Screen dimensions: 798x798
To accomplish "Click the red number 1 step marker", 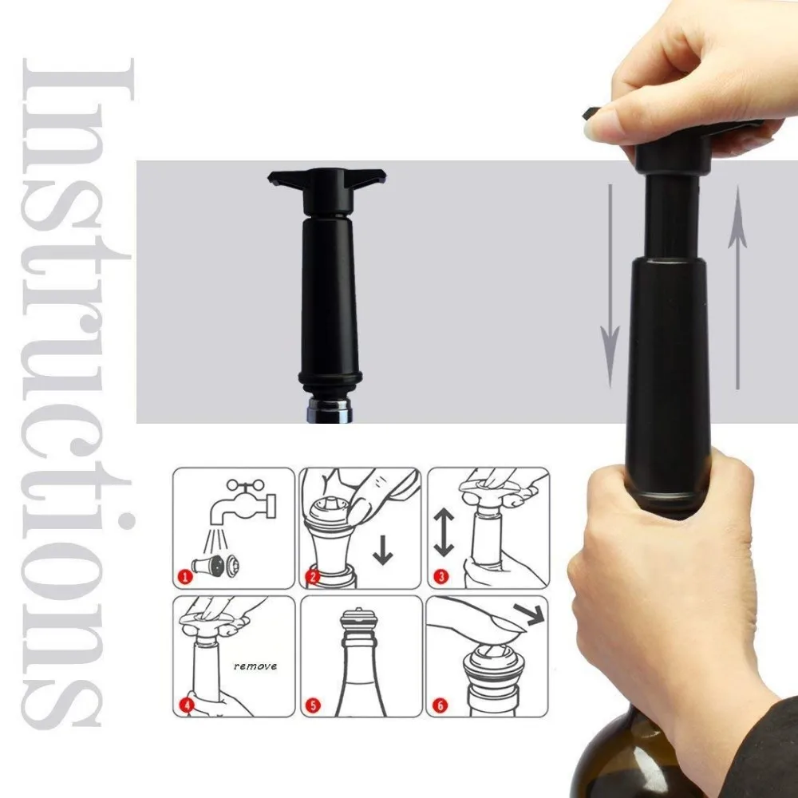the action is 185,577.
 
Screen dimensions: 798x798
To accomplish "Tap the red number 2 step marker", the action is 313,577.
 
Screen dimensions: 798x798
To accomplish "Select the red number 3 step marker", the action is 440,577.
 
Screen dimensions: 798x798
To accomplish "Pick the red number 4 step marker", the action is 187,705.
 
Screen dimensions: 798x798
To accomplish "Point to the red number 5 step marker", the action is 313,705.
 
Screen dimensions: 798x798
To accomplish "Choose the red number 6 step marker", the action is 440,705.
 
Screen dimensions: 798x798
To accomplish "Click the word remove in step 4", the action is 255,666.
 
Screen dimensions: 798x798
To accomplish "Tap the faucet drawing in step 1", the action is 244,504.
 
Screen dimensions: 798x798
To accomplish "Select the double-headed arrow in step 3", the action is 444,532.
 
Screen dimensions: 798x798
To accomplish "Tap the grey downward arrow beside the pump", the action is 610,286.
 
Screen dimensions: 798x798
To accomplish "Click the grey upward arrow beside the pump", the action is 737,287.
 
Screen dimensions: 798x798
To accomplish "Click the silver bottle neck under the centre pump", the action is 330,410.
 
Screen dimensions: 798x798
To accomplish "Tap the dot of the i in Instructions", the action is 125,520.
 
